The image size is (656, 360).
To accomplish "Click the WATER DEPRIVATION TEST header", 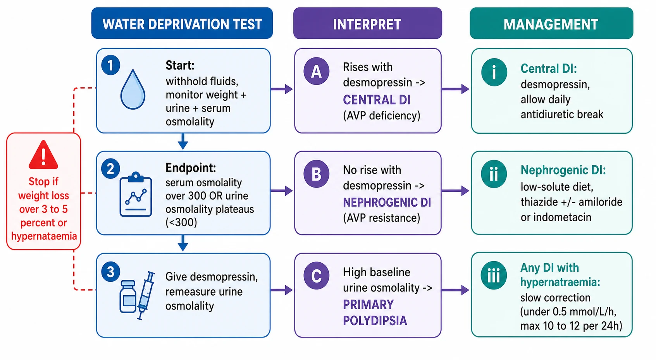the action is [182, 23].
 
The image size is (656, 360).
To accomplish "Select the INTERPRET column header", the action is [368, 23].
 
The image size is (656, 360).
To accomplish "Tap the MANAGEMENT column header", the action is [551, 23].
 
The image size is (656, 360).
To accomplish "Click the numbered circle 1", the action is [110, 65].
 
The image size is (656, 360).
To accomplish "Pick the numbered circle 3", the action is [110, 272].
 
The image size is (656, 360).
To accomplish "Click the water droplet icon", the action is [133, 90].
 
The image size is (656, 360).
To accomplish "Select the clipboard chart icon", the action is [136, 194].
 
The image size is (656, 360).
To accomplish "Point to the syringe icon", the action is [146, 295].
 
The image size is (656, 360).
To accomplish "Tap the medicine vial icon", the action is [128, 296].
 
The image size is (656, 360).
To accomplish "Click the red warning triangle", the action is [43, 155].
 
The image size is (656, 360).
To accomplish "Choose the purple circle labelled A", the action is [316, 71].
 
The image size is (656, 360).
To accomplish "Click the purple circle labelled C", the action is [316, 276].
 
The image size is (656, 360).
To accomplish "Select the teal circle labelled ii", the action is [494, 174].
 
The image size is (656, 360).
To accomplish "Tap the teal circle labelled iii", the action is [494, 276].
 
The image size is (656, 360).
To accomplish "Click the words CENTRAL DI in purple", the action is [377, 100].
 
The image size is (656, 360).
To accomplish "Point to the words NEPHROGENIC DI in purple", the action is [387, 202].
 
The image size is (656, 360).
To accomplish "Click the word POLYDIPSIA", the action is [375, 321].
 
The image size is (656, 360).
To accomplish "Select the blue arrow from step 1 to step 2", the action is [183, 141].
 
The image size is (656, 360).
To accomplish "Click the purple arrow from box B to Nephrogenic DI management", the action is [455, 191].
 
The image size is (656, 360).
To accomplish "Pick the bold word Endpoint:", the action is [191, 168].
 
